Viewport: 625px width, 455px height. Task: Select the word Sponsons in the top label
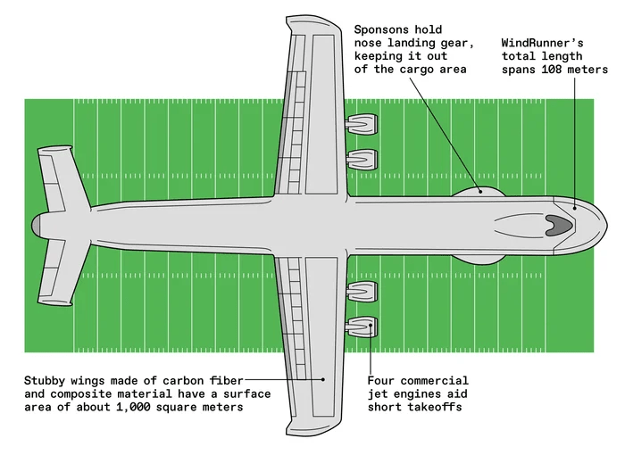click(382, 28)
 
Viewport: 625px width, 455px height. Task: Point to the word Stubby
click(46, 381)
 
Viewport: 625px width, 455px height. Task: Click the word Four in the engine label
click(381, 381)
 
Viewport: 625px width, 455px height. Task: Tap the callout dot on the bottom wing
click(322, 378)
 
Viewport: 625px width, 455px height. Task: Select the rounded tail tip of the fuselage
click(37, 225)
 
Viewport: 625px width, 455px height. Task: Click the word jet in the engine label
click(381, 394)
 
